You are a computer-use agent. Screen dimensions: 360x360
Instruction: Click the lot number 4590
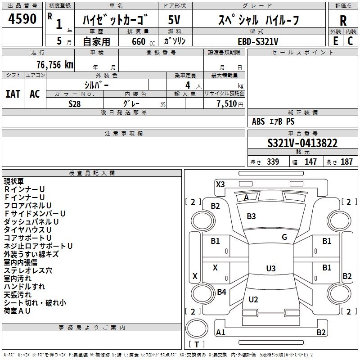[x=22, y=19]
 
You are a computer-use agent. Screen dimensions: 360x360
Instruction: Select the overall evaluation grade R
[x=343, y=20]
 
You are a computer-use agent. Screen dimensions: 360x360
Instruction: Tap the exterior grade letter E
[x=335, y=40]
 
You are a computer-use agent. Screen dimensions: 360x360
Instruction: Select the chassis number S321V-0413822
[x=302, y=144]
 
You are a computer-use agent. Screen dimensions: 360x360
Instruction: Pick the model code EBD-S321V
[x=258, y=41]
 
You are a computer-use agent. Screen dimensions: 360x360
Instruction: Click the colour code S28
[x=75, y=103]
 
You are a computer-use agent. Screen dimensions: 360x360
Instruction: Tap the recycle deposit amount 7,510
[x=227, y=103]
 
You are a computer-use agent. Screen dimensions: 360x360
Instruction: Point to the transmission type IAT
[x=13, y=94]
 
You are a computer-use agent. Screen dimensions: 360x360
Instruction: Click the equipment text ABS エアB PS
[x=273, y=121]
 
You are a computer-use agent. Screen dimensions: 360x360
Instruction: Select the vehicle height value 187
[x=346, y=162]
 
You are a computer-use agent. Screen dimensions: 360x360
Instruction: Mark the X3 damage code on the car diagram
[x=220, y=184]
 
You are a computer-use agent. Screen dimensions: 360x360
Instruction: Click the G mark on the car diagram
[x=284, y=237]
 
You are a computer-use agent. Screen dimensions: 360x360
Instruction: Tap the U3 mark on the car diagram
[x=270, y=269]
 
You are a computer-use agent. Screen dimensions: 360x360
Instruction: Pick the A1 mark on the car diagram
[x=220, y=333]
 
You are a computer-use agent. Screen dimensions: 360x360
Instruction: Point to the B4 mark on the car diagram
[x=221, y=292]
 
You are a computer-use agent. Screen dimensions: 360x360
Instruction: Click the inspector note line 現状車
[x=14, y=181]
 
